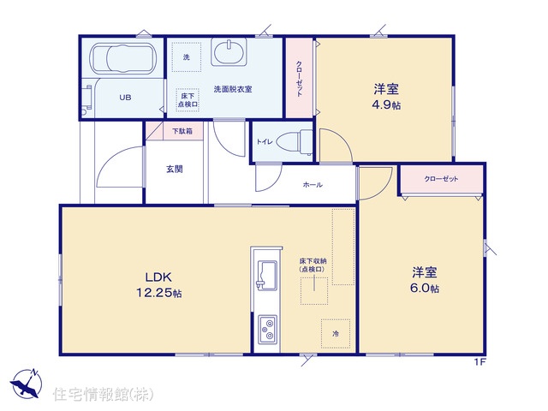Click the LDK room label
(158, 277)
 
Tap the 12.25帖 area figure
(158, 293)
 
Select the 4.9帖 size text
(386, 104)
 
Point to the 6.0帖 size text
(425, 289)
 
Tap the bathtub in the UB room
(122, 57)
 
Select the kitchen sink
(266, 275)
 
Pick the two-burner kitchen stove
(267, 330)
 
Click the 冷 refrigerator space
(336, 333)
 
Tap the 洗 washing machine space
(187, 57)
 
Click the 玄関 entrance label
(174, 170)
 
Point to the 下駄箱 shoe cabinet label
(182, 131)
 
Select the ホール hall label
(313, 185)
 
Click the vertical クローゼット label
(299, 79)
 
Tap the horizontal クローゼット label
(441, 179)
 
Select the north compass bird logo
(26, 384)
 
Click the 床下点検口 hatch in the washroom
(188, 100)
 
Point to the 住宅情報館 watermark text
(103, 394)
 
